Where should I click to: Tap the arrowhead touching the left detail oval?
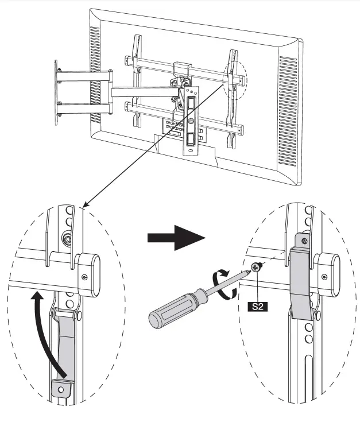pyautogui.click(x=85, y=204)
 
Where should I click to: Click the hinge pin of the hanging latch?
pyautogui.click(x=64, y=315)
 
